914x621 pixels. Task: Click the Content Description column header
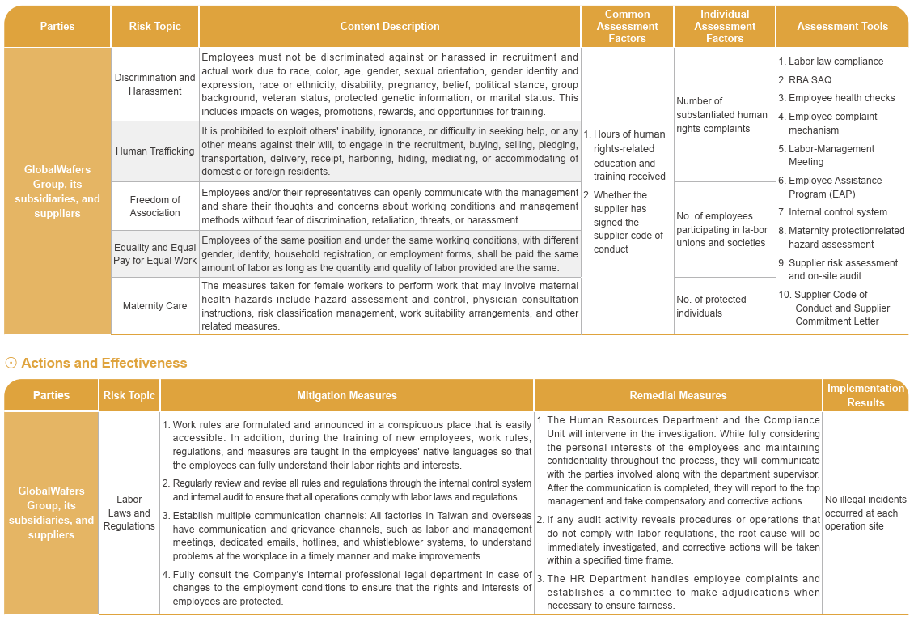389,27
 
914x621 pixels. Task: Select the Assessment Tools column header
842,27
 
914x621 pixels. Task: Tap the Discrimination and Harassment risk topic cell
154,84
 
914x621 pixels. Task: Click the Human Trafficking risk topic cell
154,151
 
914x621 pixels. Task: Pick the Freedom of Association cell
154,206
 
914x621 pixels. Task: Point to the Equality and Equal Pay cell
154,253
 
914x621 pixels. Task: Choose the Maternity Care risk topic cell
154,306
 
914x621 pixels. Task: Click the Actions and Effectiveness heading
104,363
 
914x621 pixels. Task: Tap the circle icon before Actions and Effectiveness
11,363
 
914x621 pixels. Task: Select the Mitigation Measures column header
346,396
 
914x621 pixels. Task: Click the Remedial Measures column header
678,396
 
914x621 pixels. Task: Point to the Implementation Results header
865,395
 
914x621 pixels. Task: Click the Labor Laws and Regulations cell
129,513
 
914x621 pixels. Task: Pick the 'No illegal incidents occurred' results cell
865,513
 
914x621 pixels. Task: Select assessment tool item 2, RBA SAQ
810,79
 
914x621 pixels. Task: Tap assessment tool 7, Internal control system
837,212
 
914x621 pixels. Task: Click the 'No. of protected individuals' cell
711,306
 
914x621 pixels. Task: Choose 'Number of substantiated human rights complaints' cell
721,114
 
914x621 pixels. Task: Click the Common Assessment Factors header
627,27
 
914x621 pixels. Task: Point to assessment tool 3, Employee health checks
841,98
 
